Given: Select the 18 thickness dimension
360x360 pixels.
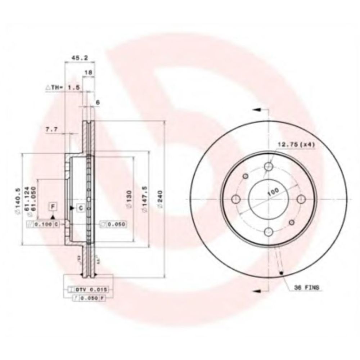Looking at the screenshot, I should [88, 72].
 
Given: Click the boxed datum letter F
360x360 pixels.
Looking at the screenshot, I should [53, 206].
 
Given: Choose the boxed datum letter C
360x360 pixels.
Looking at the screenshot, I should [81, 208].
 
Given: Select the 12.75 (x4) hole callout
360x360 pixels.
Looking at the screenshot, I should [296, 145].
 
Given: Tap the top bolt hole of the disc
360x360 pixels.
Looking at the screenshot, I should [269, 167].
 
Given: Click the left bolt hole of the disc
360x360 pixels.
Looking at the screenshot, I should [236, 199].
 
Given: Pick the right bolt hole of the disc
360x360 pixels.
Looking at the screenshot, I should [301, 199].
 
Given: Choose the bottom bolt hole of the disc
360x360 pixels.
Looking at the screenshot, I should [269, 231].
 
